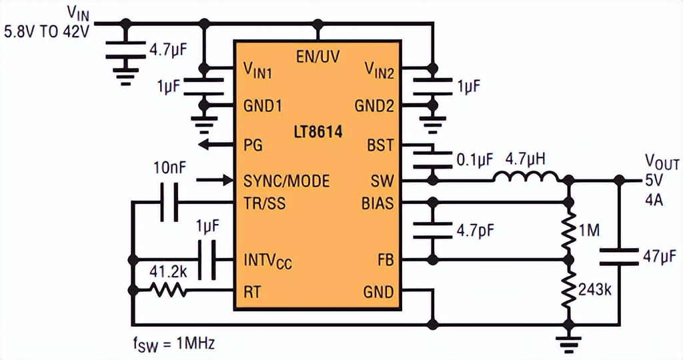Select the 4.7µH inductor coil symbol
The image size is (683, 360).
526,177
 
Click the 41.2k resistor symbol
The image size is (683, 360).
166,290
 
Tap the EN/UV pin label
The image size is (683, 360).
317,56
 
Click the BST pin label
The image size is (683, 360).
380,145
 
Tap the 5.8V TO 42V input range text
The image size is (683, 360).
49,31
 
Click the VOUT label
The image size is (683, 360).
661,162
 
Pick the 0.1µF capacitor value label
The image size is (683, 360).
474,160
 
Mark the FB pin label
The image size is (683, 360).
384,260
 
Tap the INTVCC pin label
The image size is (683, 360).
267,260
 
